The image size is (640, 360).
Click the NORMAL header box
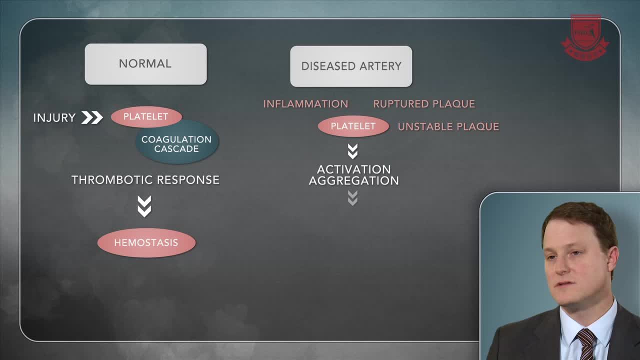[145, 64]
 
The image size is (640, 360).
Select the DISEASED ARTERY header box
[351, 66]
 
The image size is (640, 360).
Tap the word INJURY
[54, 117]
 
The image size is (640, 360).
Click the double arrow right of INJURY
[92, 117]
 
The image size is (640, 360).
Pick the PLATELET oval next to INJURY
[146, 116]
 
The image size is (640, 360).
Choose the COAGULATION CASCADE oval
[177, 142]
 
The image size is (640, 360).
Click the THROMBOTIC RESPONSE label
[145, 180]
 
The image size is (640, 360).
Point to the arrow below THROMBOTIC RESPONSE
[144, 206]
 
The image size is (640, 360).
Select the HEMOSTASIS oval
[146, 243]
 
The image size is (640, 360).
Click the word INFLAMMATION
[305, 104]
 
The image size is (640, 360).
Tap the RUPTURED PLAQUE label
[424, 104]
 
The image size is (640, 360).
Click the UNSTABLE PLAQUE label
[448, 126]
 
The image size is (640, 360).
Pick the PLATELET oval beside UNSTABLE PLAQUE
[353, 126]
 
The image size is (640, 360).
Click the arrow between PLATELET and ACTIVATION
[353, 151]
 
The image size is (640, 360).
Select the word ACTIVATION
[354, 169]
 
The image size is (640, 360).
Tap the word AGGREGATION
[354, 181]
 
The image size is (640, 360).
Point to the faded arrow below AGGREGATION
[353, 198]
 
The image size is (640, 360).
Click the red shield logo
[585, 37]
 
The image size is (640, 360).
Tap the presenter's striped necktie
[586, 344]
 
